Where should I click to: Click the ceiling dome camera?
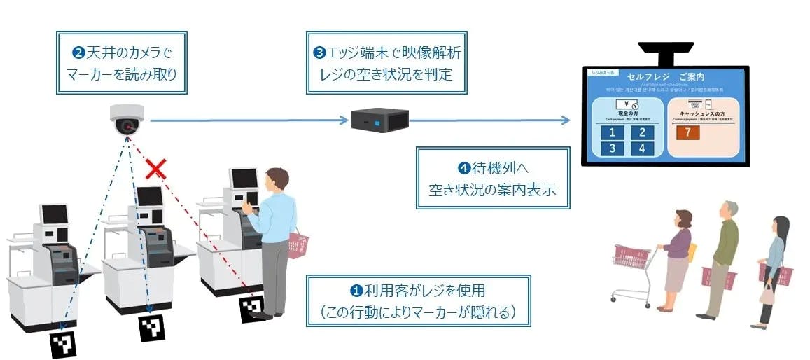(x=127, y=120)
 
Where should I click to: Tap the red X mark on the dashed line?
(x=155, y=169)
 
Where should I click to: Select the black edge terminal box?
(x=379, y=120)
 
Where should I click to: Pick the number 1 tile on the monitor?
(x=611, y=133)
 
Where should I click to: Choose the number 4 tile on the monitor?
(x=641, y=148)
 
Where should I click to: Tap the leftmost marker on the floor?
(x=63, y=343)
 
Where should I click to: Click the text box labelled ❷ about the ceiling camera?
(x=122, y=62)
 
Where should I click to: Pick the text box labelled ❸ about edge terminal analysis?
(x=386, y=62)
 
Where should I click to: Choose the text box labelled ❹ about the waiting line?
(x=492, y=178)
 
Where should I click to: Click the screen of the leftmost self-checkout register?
(x=54, y=214)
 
